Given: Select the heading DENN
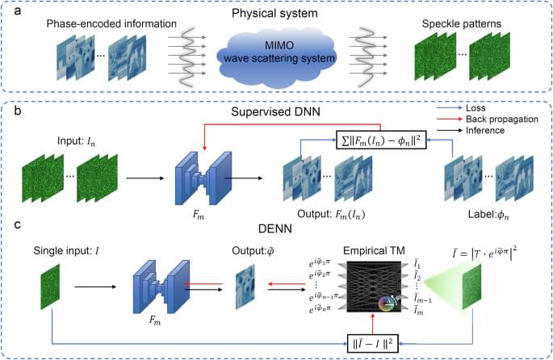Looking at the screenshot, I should pyautogui.click(x=272, y=228).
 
